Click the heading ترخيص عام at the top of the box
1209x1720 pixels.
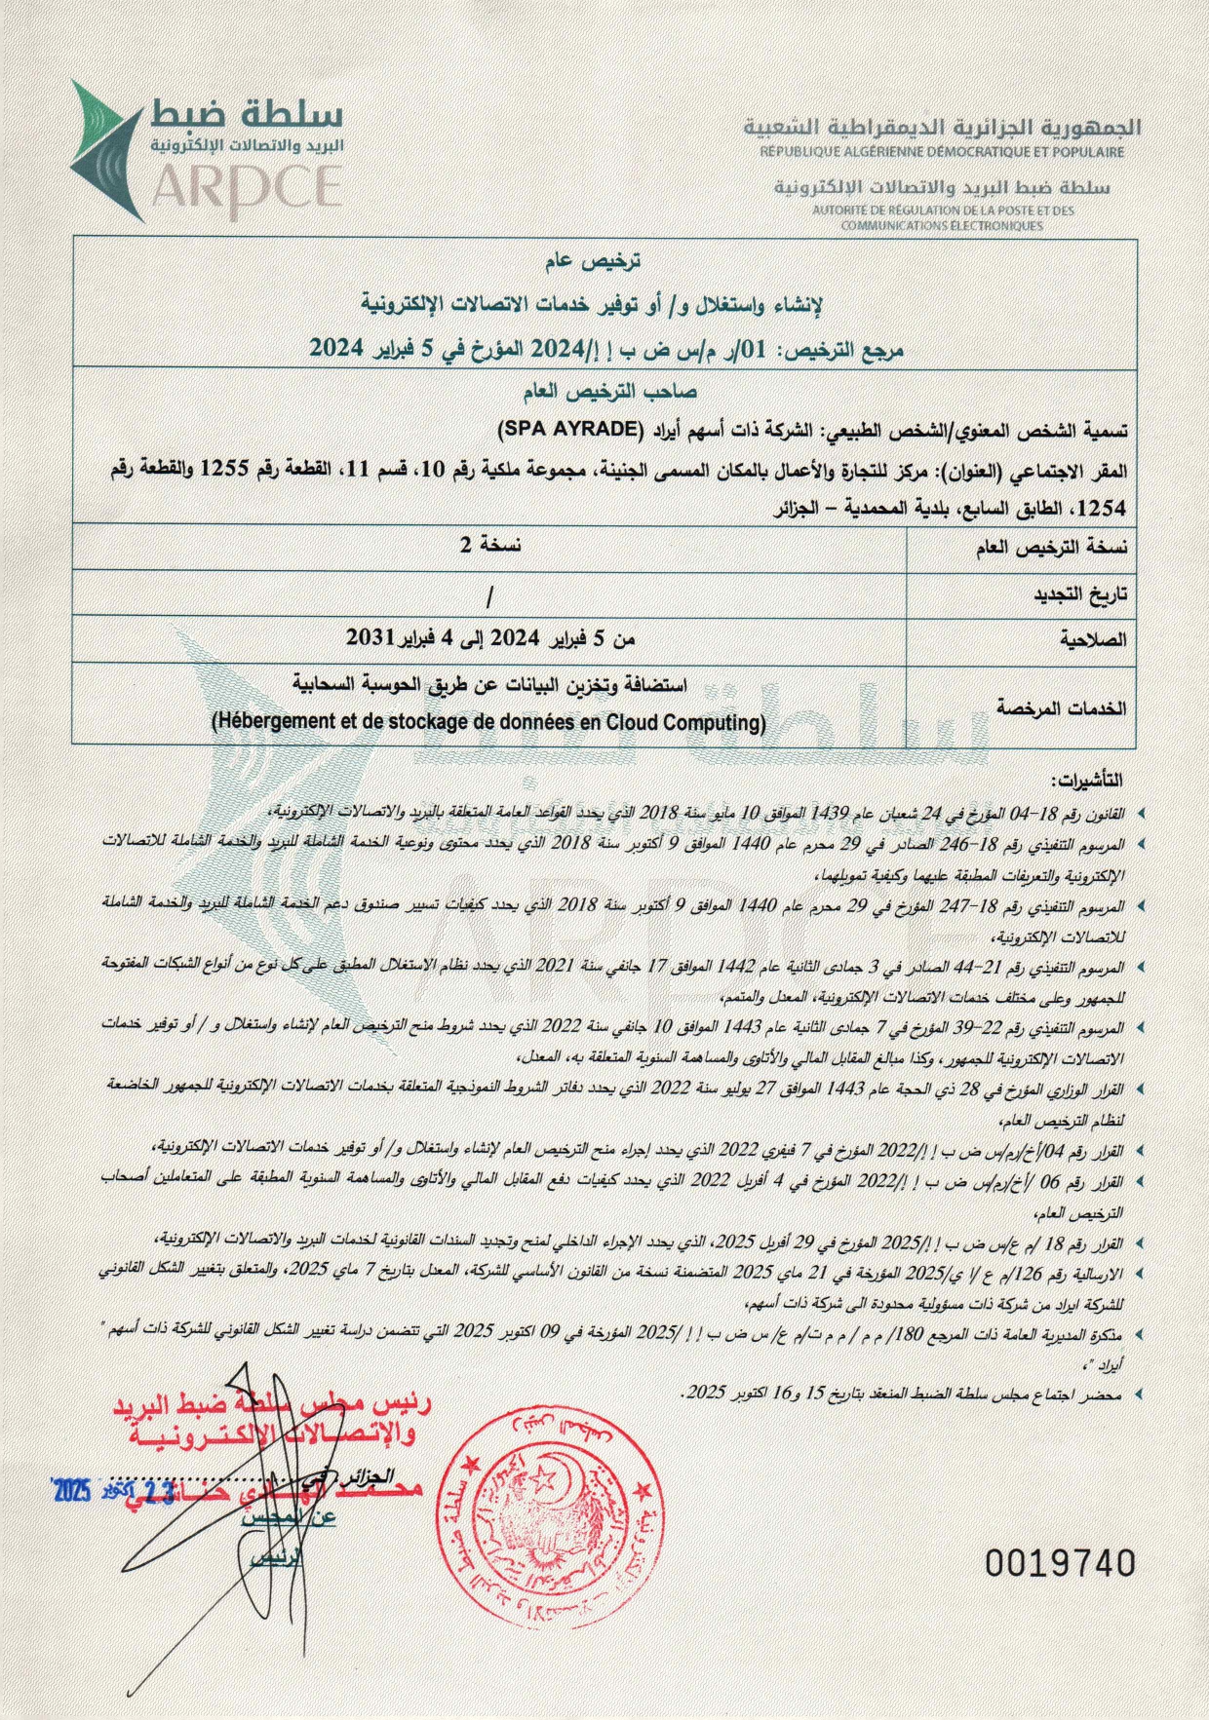(x=604, y=263)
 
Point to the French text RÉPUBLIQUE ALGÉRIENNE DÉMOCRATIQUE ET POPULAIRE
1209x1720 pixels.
(x=942, y=152)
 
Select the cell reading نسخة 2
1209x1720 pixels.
(x=490, y=546)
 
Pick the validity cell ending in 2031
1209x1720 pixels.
(x=490, y=640)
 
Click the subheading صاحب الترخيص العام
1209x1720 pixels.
(x=604, y=392)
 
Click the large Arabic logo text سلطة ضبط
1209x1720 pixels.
(x=249, y=113)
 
